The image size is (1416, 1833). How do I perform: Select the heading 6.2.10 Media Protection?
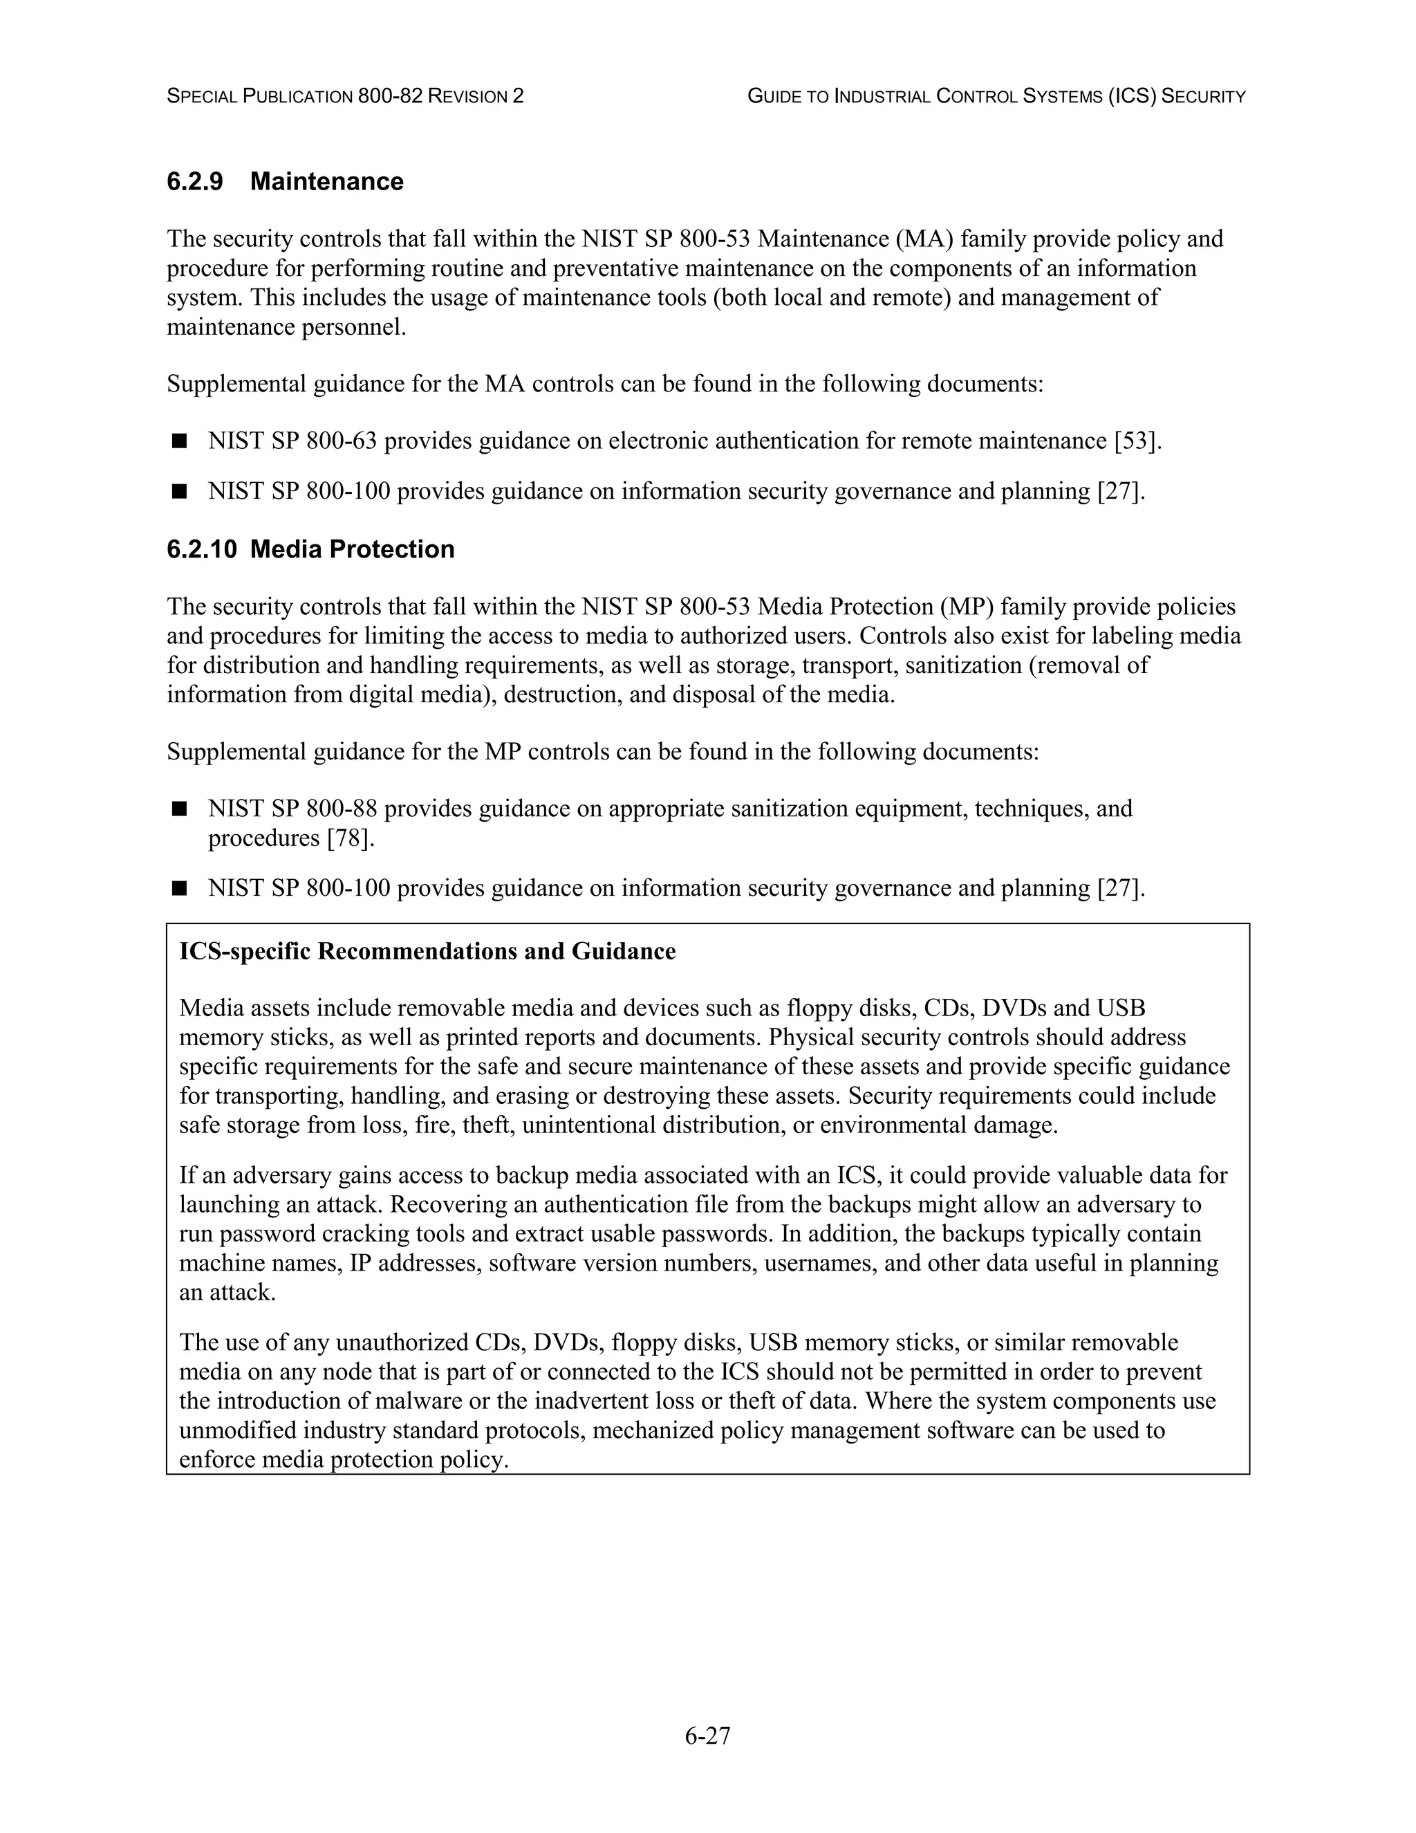tap(310, 549)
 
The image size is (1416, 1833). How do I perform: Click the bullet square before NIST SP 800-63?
tap(178, 441)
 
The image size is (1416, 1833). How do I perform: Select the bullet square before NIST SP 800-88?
tap(178, 809)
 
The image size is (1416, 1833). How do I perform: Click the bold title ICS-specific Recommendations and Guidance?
tap(427, 951)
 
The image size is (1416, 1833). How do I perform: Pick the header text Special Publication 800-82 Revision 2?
tap(345, 97)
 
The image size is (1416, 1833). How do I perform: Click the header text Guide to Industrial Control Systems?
tap(996, 97)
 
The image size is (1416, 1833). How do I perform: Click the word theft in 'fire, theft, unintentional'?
tap(485, 1125)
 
